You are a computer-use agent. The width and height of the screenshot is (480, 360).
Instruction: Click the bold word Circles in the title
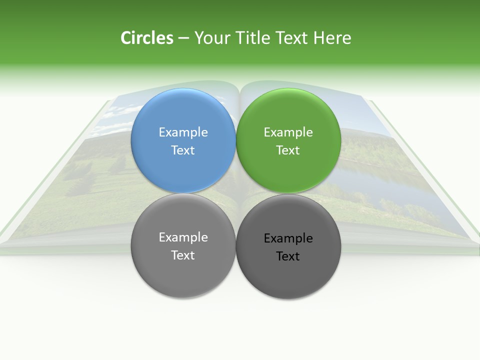point(147,38)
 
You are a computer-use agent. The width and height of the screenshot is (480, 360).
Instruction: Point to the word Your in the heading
point(212,38)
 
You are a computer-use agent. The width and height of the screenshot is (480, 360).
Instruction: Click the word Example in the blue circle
point(183,132)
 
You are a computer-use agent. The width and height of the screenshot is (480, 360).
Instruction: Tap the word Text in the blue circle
point(183,150)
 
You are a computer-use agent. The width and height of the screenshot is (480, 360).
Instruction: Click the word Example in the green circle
point(288,132)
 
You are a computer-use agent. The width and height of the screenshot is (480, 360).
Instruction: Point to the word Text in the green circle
point(288,150)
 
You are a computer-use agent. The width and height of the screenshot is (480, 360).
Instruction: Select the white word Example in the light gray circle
point(183,237)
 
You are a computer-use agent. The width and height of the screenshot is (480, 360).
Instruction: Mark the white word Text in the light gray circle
point(183,255)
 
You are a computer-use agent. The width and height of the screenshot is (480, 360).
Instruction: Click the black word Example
point(288,238)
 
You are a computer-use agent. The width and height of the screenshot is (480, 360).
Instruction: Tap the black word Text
point(288,256)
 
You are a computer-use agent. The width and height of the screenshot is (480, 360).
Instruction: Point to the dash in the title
point(183,38)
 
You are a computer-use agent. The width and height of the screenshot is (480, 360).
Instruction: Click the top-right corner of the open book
point(370,101)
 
